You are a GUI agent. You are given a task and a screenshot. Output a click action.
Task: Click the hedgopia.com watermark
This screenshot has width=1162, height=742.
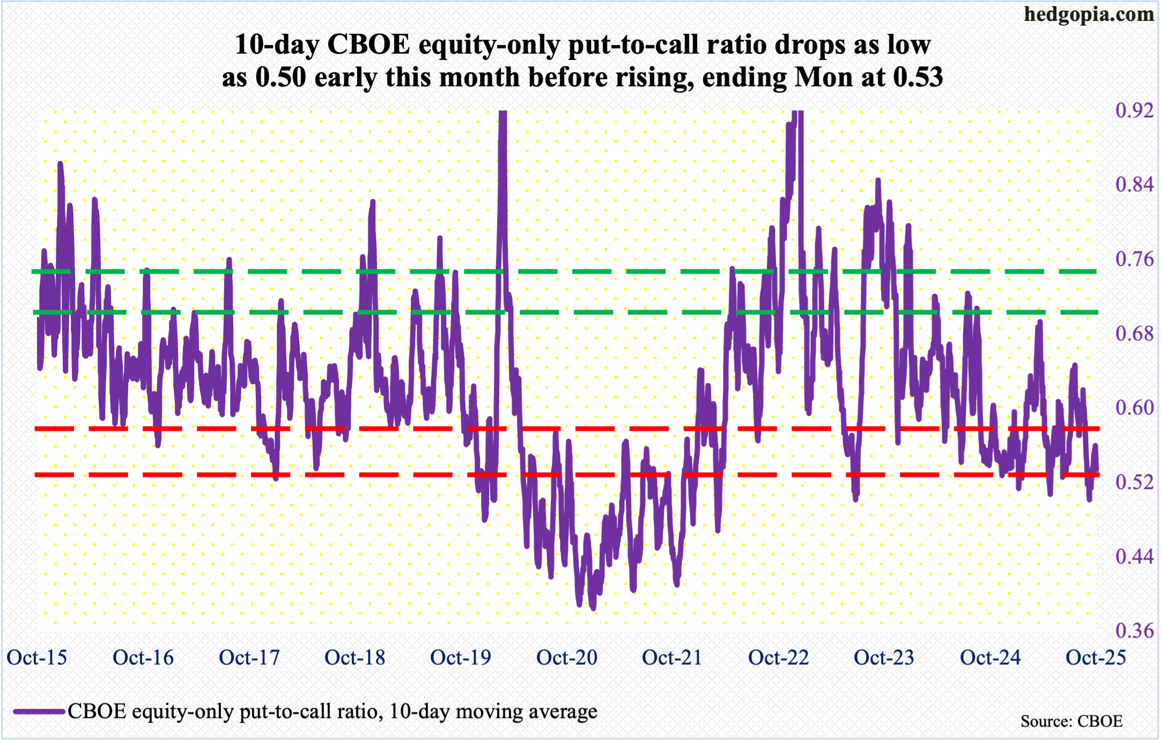click(x=1089, y=14)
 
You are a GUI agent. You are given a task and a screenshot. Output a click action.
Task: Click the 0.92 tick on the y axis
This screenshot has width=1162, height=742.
click(x=1134, y=110)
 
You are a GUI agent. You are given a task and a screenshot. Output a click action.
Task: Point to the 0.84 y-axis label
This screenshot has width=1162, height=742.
click(x=1134, y=184)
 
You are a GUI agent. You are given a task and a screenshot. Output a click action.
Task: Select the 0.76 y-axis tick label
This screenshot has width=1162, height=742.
click(x=1134, y=259)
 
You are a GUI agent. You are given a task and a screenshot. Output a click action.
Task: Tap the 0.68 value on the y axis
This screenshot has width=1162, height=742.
click(x=1134, y=333)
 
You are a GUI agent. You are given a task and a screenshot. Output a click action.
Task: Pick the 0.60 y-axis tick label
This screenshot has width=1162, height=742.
click(x=1134, y=407)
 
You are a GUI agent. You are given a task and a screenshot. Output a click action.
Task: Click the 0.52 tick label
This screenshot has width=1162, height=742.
click(x=1134, y=482)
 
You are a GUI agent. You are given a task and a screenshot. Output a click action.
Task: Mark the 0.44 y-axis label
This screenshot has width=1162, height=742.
click(x=1134, y=556)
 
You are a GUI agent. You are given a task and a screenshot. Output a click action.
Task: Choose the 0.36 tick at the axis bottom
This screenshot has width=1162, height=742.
click(x=1134, y=630)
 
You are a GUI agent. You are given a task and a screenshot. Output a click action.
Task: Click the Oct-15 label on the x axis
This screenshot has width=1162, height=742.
click(x=37, y=657)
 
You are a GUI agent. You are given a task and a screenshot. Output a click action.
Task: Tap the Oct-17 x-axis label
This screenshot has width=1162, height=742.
click(x=249, y=657)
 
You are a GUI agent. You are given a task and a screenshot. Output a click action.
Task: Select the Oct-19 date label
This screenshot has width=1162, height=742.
click(x=461, y=657)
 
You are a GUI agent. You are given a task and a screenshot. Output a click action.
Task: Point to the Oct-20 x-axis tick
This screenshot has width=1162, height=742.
click(x=567, y=657)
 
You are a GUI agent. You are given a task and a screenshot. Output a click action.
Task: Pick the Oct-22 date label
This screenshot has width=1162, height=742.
click(x=779, y=657)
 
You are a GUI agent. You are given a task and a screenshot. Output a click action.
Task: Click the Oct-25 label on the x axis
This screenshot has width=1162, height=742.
click(x=1096, y=657)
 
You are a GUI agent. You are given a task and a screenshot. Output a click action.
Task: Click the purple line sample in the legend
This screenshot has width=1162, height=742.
click(x=39, y=712)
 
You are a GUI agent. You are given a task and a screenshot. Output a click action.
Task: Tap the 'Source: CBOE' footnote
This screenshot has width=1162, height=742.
click(x=1071, y=721)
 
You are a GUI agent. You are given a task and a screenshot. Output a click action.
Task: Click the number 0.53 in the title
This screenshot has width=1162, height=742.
click(x=918, y=77)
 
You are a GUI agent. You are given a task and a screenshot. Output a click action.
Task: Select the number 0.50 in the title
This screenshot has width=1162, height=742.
click(x=280, y=77)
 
